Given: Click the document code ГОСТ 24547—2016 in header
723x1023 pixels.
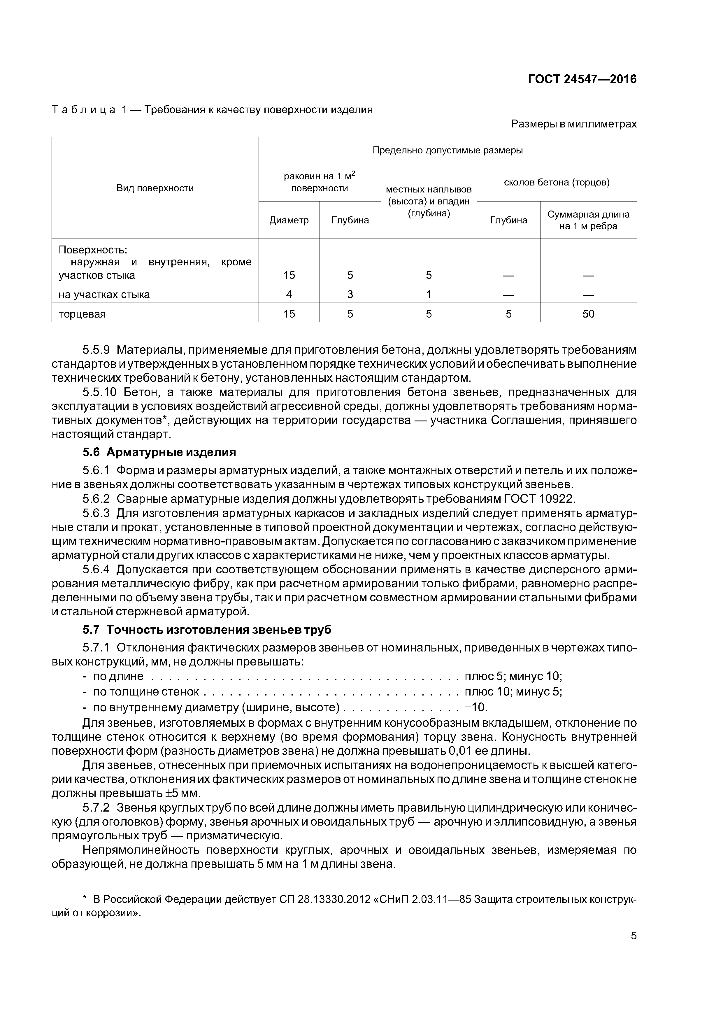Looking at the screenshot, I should click(x=582, y=79).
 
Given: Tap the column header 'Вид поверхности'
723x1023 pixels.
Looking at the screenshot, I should click(x=155, y=188).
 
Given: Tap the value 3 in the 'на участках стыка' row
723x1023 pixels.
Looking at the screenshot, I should click(x=350, y=295).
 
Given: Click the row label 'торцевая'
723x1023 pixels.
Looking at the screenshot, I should click(x=82, y=314).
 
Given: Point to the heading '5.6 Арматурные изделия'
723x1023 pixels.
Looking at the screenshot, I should click(x=159, y=452).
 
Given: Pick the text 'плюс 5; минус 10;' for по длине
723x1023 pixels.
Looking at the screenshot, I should click(x=513, y=676).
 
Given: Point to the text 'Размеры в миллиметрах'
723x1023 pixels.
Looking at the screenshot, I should click(x=574, y=124).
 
